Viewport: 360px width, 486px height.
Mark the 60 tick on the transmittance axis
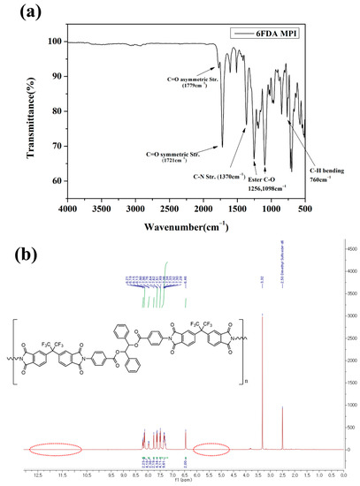pos(57,181)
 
